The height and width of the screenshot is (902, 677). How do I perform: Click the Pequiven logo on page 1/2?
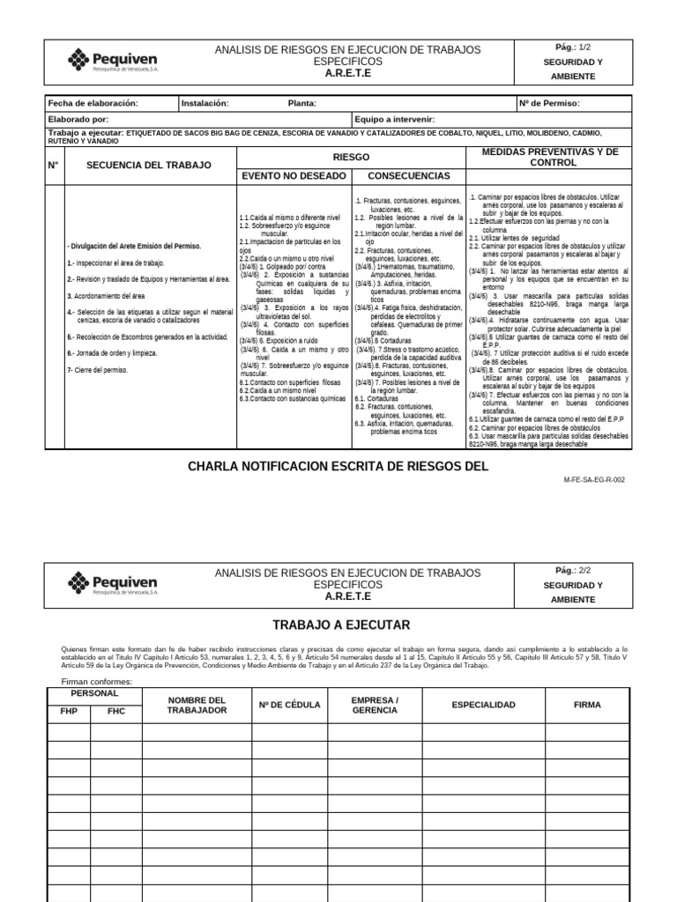click(112, 61)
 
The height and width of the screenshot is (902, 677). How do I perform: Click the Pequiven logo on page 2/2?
click(112, 583)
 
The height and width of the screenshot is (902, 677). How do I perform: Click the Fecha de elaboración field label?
click(93, 104)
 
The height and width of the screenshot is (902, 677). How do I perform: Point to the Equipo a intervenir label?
click(394, 119)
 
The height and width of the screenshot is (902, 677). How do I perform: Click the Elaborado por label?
click(78, 119)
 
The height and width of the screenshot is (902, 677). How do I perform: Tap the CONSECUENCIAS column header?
click(408, 176)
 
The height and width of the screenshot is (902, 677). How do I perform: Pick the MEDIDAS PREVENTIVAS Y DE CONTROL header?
click(550, 157)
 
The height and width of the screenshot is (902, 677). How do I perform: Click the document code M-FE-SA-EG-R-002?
click(593, 480)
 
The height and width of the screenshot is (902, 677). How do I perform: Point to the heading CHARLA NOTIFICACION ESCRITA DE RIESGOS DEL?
click(338, 466)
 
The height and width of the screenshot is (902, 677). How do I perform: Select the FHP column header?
click(68, 711)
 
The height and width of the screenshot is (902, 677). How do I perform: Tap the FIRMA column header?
click(586, 706)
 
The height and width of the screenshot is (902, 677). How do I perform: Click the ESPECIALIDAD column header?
click(483, 706)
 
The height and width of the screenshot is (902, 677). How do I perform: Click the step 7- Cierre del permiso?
click(98, 370)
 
